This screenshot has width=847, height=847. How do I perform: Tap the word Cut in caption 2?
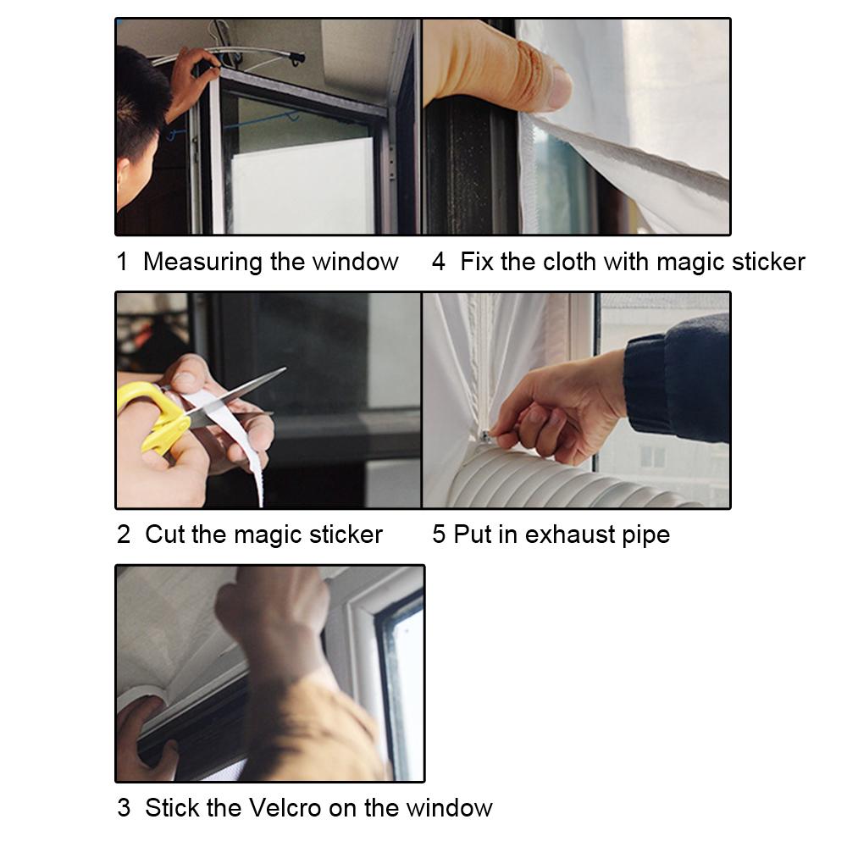pyautogui.click(x=164, y=534)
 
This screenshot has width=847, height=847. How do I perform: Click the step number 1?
pyautogui.click(x=122, y=262)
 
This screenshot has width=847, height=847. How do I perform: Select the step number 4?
pyautogui.click(x=438, y=262)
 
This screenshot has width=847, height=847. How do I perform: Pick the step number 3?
pyautogui.click(x=124, y=807)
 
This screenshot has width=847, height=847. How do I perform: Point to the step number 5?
pyautogui.click(x=438, y=534)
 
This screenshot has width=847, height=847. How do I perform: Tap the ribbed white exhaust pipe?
pyautogui.click(x=542, y=483)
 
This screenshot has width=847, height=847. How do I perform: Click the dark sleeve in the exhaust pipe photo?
pyautogui.click(x=678, y=377)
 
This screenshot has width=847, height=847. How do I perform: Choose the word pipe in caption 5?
pyautogui.click(x=645, y=534)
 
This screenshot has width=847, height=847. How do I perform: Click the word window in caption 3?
pyautogui.click(x=449, y=807)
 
